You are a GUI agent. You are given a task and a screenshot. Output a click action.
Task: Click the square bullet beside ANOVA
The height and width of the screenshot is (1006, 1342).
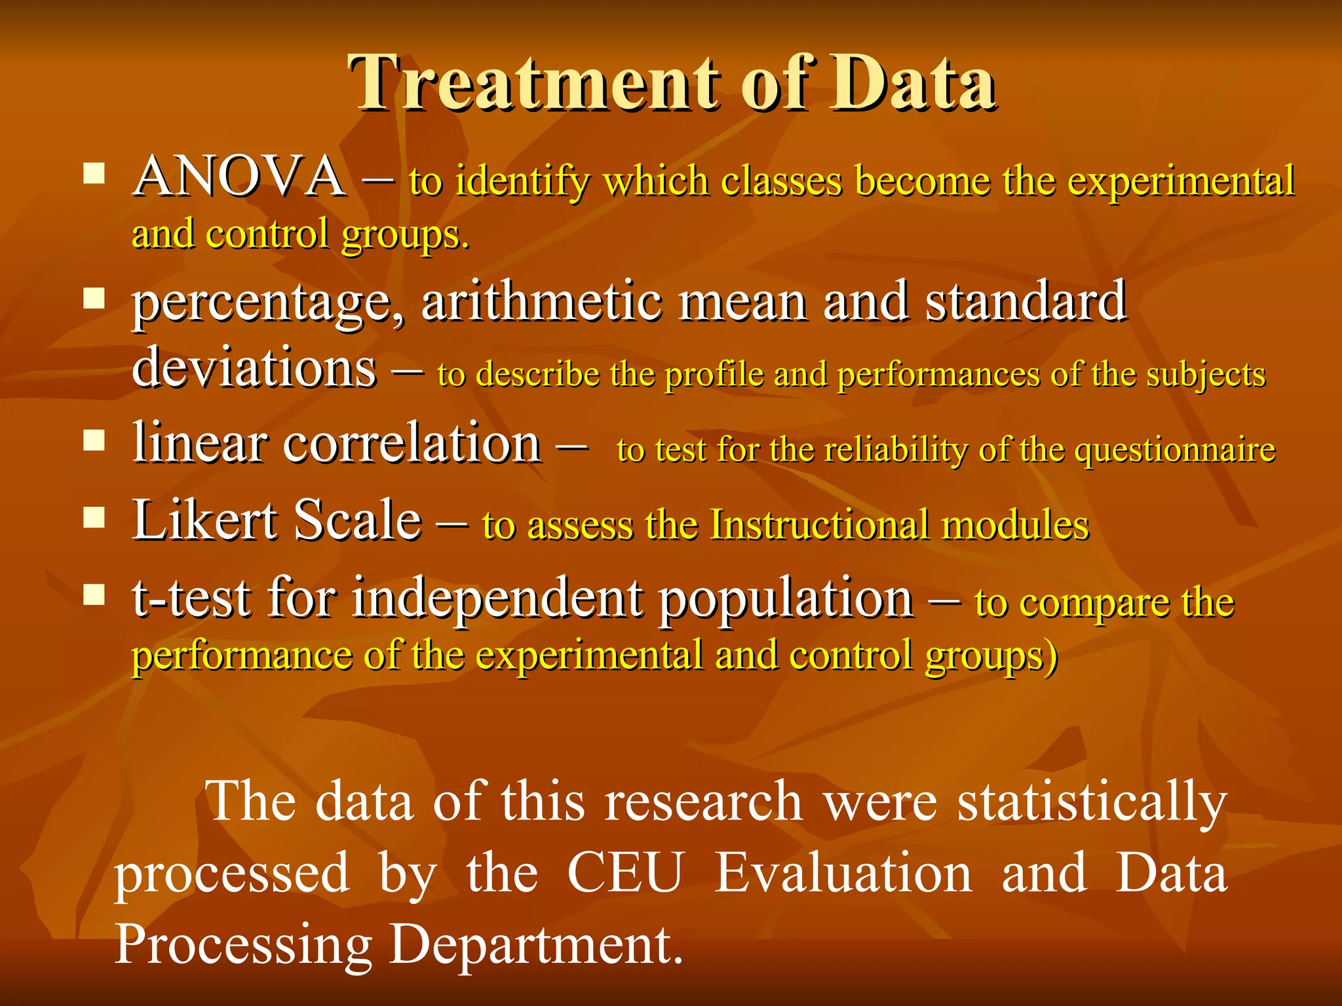[94, 174]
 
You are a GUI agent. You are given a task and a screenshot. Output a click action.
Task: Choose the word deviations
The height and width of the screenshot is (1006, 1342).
[254, 368]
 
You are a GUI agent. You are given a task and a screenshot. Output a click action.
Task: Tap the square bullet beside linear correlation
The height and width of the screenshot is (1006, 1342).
[94, 441]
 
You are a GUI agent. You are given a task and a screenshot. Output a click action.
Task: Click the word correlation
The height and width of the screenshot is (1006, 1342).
[412, 444]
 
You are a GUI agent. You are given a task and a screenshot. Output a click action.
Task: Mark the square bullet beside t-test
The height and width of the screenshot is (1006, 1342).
[94, 595]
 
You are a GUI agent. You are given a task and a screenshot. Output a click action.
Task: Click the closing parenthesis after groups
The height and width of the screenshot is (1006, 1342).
[1051, 656]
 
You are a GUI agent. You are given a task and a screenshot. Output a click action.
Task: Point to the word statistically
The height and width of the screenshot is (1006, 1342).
[1092, 802]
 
